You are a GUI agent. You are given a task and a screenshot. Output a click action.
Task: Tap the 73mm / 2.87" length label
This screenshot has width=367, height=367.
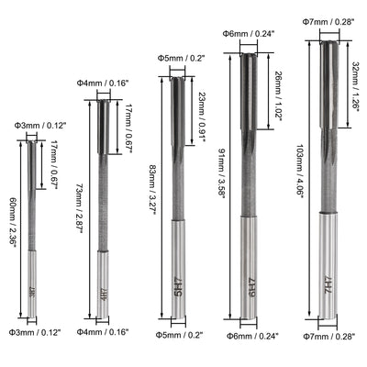coord(79,208)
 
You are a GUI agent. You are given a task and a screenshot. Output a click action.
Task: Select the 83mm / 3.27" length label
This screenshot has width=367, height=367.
coord(152,190)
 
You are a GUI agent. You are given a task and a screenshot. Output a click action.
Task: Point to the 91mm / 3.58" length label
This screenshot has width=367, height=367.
coord(221,173)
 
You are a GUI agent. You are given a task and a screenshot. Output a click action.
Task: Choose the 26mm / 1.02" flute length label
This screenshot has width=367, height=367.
coord(278,96)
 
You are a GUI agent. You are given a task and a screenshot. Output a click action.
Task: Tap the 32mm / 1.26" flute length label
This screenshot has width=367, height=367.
coord(355,87)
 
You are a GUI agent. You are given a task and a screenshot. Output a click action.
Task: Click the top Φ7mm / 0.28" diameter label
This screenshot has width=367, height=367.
coord(328,21)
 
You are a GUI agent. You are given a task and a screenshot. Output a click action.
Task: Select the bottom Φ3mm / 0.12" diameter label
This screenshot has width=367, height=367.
coord(35,332)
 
